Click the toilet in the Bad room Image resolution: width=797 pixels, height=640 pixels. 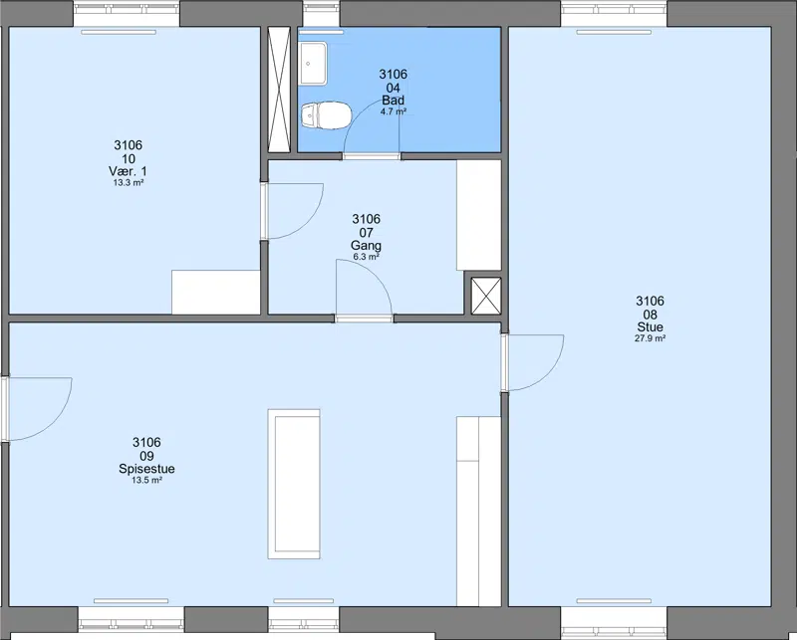(326, 115)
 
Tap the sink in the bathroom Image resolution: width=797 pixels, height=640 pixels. (313, 64)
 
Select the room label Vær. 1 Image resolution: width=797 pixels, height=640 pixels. (129, 170)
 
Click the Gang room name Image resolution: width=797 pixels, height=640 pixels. (366, 245)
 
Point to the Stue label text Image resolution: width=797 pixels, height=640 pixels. (651, 327)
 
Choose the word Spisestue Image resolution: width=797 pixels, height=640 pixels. (146, 469)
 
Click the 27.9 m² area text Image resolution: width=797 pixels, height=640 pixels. (651, 338)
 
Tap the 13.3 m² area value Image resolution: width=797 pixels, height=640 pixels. (129, 183)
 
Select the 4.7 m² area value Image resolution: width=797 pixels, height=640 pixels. (393, 111)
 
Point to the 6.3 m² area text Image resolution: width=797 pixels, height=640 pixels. (366, 257)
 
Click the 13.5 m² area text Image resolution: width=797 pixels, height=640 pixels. (146, 480)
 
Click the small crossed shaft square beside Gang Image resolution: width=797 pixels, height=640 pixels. (486, 296)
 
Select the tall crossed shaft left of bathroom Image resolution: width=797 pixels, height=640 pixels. (279, 90)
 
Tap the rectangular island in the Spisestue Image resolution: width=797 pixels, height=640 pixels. (294, 484)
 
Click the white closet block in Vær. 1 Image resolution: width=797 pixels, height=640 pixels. (216, 292)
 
